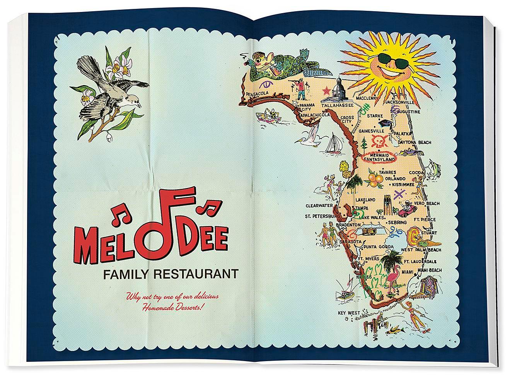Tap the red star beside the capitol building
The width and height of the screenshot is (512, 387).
point(327,90)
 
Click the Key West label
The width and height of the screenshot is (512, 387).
point(349,313)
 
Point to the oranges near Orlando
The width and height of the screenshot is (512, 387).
point(375,179)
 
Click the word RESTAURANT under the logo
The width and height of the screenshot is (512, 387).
point(196,275)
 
